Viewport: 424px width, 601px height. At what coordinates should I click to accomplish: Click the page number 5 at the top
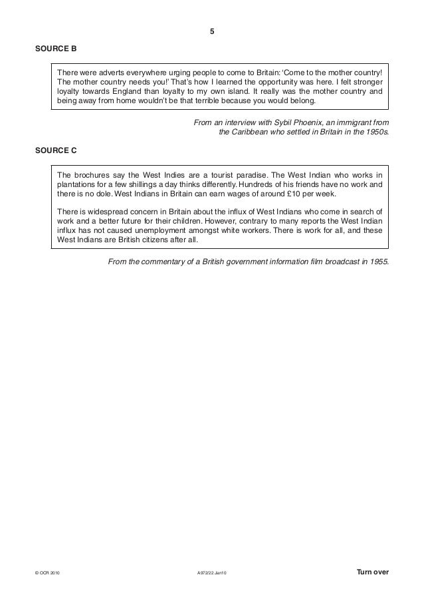coord(211,31)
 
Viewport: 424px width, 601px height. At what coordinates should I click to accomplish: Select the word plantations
coord(78,184)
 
